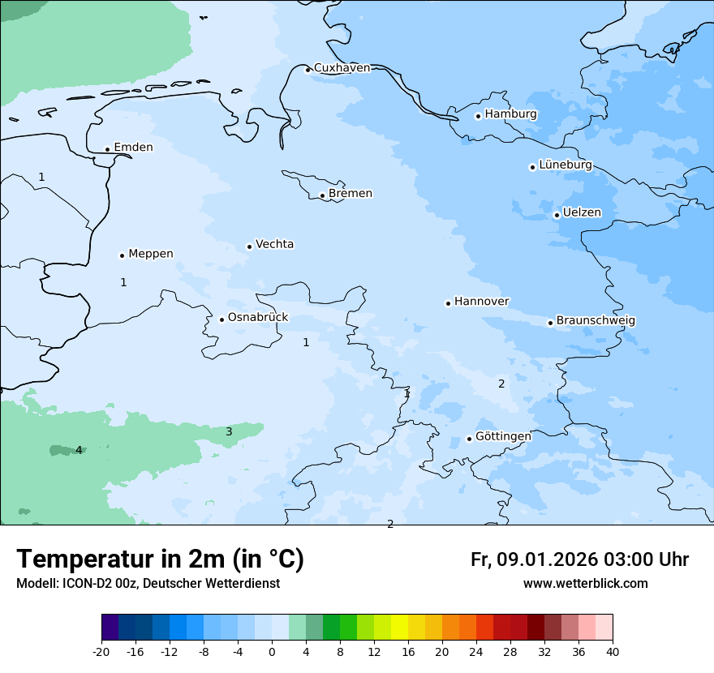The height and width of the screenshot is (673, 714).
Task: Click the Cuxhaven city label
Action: (342, 68)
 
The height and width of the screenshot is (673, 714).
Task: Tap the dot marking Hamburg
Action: (478, 116)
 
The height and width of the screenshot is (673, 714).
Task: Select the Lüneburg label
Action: (566, 165)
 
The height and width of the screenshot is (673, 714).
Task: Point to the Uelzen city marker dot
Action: (557, 215)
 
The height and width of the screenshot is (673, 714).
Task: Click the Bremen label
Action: (351, 194)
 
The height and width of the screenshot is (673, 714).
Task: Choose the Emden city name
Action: (133, 148)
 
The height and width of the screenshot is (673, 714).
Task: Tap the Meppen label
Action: (151, 254)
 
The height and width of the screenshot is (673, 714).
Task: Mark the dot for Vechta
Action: (249, 246)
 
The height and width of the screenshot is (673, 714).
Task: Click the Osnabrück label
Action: (258, 318)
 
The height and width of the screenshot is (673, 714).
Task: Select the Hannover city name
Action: (482, 302)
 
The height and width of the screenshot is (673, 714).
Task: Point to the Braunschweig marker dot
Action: (550, 323)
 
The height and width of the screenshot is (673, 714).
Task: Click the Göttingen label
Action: (503, 436)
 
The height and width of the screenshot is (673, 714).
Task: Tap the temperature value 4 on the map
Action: (79, 450)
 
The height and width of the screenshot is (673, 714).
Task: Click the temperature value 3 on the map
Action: (229, 431)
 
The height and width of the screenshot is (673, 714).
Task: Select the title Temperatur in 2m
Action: (160, 559)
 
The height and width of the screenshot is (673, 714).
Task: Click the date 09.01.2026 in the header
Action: (548, 559)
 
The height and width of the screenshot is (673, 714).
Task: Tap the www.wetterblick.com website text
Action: (585, 584)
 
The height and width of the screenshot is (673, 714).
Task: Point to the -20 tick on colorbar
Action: (101, 651)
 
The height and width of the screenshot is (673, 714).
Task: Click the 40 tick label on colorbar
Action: (613, 651)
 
